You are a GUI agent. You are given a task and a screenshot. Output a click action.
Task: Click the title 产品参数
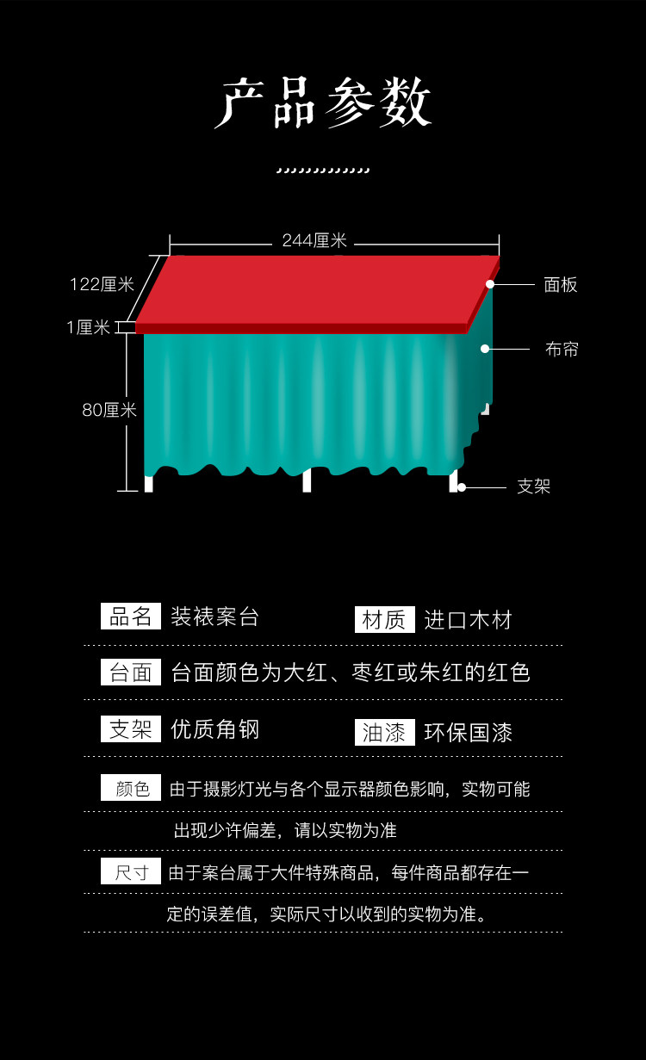(323, 105)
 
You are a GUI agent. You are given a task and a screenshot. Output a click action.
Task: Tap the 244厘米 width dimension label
(314, 241)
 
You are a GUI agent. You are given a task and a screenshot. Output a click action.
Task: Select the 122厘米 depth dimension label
(102, 284)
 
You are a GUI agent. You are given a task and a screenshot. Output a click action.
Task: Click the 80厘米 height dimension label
(109, 411)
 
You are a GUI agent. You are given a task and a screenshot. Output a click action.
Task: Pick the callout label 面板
(561, 285)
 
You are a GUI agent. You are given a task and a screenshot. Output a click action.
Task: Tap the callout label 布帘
(562, 350)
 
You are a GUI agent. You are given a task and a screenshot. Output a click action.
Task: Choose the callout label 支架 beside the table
(533, 487)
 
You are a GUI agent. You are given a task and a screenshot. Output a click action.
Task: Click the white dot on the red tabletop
(490, 283)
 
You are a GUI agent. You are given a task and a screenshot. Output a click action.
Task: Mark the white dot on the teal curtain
(485, 349)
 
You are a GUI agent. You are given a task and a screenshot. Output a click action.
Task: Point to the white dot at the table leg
(462, 487)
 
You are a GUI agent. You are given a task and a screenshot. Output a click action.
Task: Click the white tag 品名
(131, 617)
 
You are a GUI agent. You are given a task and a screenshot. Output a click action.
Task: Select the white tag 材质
(384, 620)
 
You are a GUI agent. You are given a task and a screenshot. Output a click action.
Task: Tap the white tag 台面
(131, 673)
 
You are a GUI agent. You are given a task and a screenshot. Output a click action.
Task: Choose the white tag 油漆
(384, 733)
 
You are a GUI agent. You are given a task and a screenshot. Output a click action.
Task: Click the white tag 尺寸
(131, 872)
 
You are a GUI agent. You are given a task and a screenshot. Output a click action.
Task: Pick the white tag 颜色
(131, 788)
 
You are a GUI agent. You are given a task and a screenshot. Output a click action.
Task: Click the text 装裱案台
(214, 617)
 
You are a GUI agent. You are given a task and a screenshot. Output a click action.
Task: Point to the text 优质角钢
(214, 730)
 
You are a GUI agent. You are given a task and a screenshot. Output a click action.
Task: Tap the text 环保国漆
(468, 733)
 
